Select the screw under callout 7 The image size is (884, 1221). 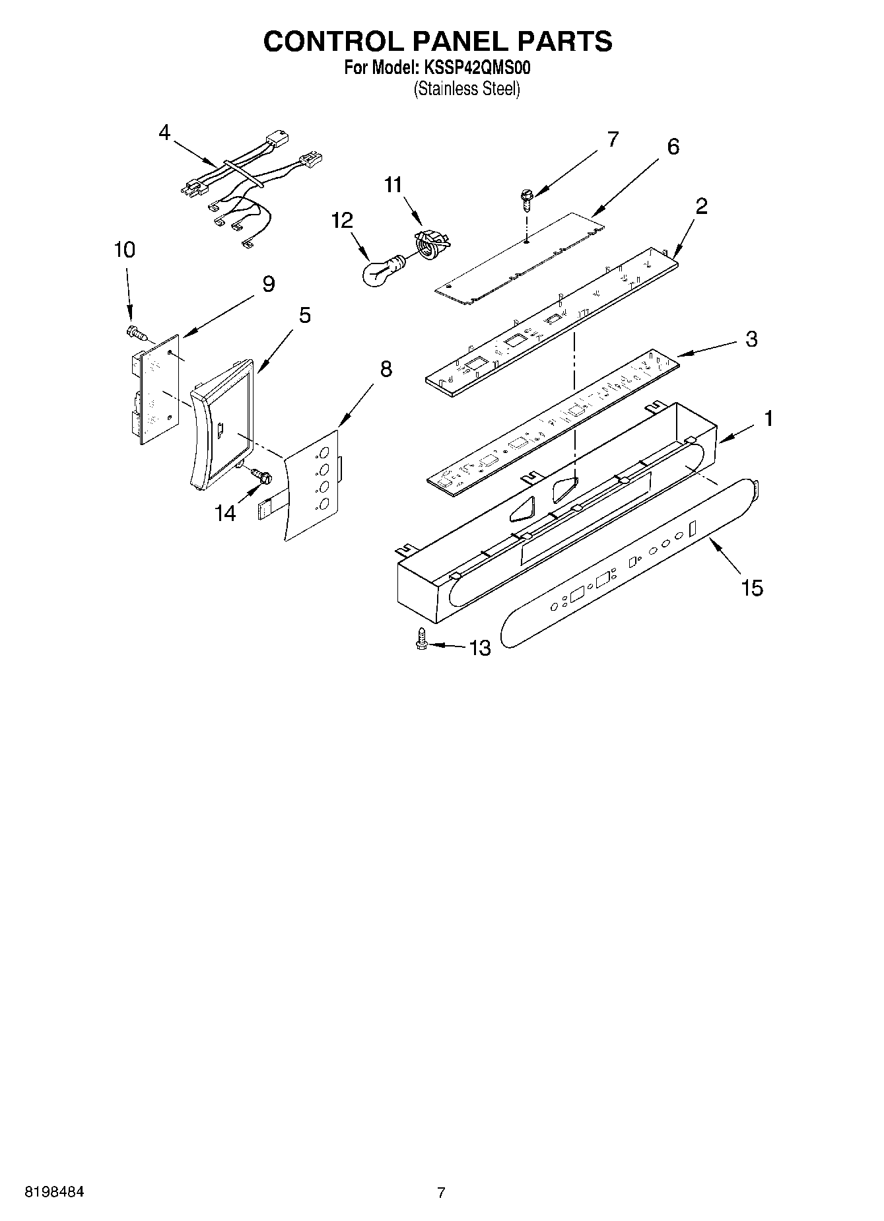[526, 198]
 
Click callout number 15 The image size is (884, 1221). [753, 587]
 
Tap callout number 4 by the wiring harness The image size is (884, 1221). [164, 132]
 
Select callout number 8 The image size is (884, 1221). [386, 369]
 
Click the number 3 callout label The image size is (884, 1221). [751, 339]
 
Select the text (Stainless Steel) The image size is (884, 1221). [467, 88]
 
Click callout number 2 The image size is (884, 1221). [701, 206]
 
